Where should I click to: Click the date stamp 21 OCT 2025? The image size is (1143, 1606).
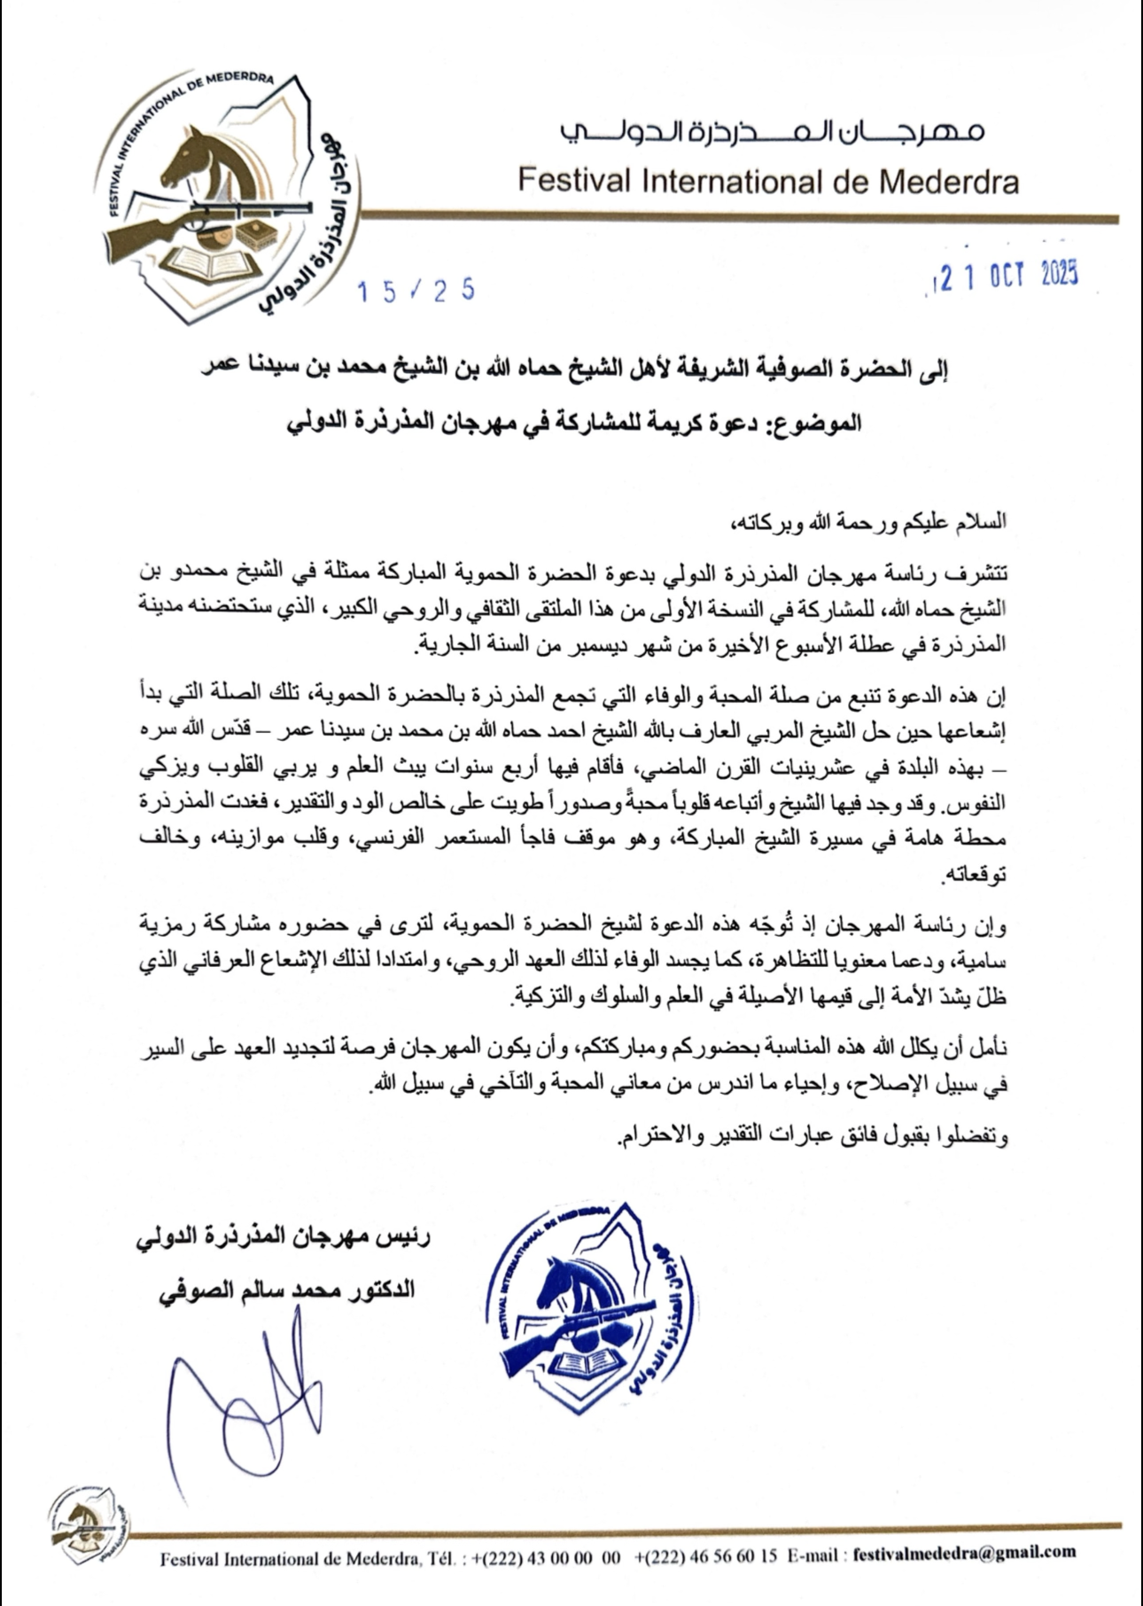click(x=1005, y=277)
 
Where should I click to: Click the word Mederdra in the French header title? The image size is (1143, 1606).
click(x=948, y=182)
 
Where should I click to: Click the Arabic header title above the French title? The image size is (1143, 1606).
click(x=772, y=134)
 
